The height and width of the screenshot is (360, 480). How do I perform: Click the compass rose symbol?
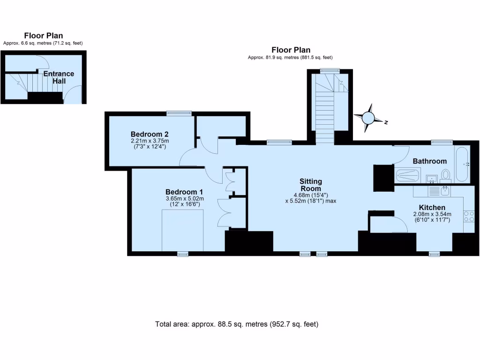pos(369,117)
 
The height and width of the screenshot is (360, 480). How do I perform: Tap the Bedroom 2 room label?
pos(150,133)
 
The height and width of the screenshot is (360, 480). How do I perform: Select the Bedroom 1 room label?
pos(184,192)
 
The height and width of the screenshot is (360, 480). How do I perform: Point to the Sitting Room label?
pos(311,185)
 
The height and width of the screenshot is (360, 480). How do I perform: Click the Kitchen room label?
pos(432,207)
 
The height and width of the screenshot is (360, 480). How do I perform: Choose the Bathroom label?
pos(429,161)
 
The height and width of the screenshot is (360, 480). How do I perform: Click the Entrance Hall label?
pos(59,77)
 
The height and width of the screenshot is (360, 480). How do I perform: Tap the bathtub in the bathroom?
pos(461,165)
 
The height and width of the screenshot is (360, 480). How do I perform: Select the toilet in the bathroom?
pos(446,176)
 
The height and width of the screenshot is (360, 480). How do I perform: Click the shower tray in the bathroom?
pos(409,176)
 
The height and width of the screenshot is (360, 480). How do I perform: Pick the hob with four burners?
pos(468,216)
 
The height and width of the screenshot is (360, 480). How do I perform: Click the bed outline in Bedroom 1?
pos(182,230)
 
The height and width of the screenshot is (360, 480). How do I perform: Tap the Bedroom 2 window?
pos(180,112)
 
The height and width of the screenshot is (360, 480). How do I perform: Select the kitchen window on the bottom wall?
pos(435,254)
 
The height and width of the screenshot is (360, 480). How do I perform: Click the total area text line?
pos(237,324)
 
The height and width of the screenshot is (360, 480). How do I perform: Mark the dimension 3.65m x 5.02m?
pos(184,198)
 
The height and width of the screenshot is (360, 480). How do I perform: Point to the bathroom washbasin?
pos(432,179)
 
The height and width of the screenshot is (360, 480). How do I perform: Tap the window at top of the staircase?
pos(330,70)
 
